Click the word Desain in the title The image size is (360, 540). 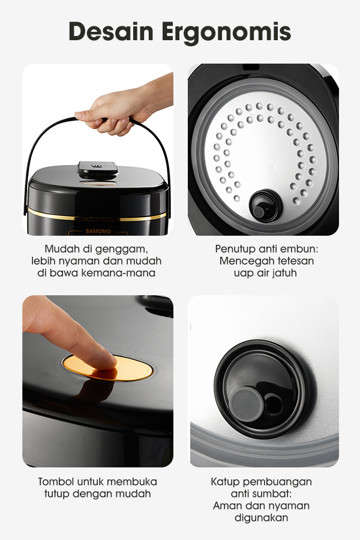pyautogui.click(x=111, y=32)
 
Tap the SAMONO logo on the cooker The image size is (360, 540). pyautogui.click(x=98, y=231)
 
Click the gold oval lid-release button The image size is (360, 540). pyautogui.click(x=107, y=368)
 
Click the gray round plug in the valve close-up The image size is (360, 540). pyautogui.click(x=247, y=404)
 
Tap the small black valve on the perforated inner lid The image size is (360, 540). pyautogui.click(x=266, y=206)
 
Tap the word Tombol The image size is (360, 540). pyautogui.click(x=56, y=481)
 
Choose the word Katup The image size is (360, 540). pyautogui.click(x=226, y=482)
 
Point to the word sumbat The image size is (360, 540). pyautogui.click(x=275, y=494)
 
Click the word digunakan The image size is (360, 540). pyautogui.click(x=261, y=518)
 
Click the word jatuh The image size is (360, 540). pyautogui.click(x=284, y=273)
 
